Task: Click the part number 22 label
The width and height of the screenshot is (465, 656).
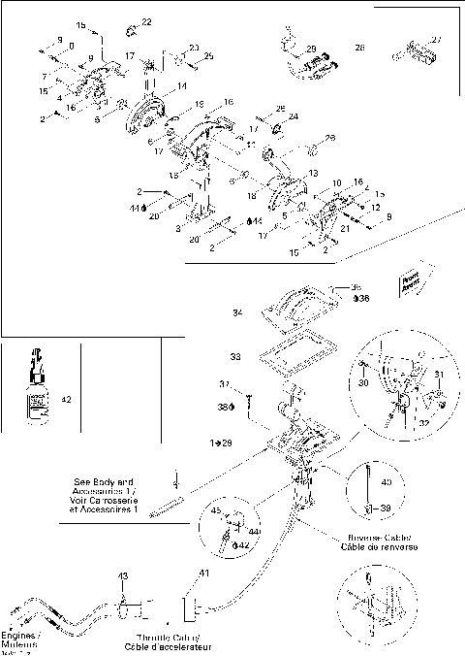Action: tap(147, 21)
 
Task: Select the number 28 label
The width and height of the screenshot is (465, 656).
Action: tap(359, 47)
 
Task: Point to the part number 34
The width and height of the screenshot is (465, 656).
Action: tap(239, 312)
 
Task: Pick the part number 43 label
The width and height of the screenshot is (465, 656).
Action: tap(123, 577)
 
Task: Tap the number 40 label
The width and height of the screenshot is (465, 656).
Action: tap(386, 482)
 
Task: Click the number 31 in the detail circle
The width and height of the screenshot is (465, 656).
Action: tap(438, 377)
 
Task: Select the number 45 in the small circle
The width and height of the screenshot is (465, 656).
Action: tap(215, 514)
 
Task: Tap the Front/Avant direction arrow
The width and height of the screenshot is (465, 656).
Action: tap(411, 276)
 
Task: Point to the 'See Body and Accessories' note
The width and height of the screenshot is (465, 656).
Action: tap(108, 495)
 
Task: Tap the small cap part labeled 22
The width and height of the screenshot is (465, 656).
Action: tap(132, 29)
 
